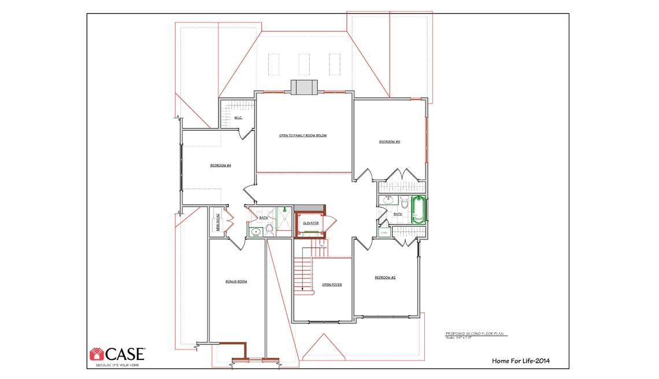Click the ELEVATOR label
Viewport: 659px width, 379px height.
(311, 223)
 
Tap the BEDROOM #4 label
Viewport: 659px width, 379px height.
(221, 165)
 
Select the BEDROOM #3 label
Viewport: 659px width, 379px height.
(390, 142)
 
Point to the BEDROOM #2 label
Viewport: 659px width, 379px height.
(385, 278)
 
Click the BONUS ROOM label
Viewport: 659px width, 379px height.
(236, 282)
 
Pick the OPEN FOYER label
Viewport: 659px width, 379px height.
(332, 285)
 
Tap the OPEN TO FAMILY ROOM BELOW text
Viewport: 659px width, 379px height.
(303, 135)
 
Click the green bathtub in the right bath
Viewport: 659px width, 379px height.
(419, 210)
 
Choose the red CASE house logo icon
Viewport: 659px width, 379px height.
(96, 354)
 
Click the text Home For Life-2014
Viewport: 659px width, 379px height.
(520, 361)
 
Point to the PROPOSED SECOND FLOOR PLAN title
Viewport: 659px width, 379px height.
(476, 334)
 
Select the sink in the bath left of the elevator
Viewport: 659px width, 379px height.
(257, 232)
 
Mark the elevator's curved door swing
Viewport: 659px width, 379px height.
(331, 223)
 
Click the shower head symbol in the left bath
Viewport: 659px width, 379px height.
(284, 209)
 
